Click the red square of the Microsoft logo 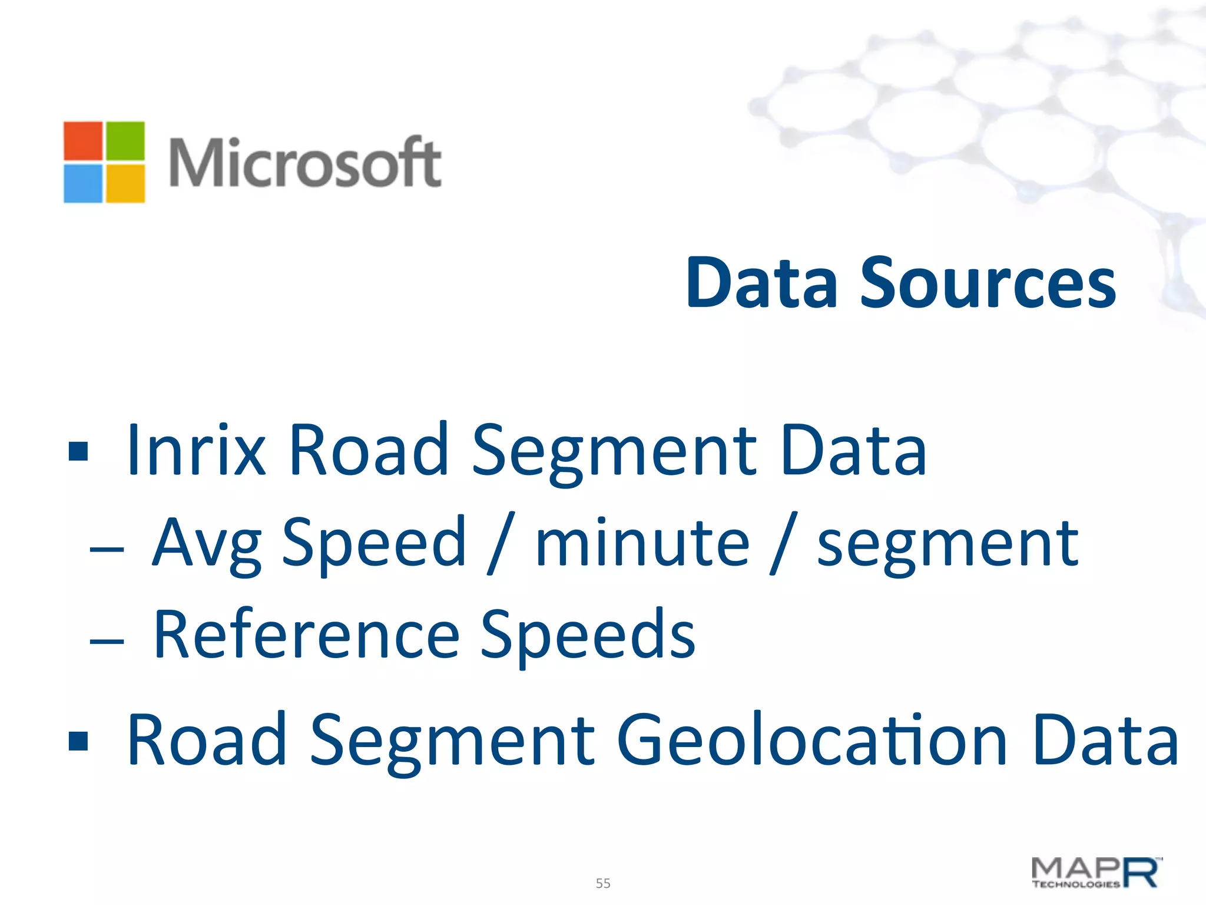tap(83, 141)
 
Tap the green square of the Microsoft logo tap(125, 141)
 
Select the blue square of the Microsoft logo tap(83, 183)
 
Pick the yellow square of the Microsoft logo tap(125, 183)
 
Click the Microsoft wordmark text tap(305, 162)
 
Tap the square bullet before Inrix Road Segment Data tap(78, 451)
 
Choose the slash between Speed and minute tap(501, 543)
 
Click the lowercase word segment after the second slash tap(947, 545)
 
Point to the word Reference tap(306, 635)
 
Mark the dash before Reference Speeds tap(107, 641)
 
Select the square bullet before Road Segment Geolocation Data tap(78, 741)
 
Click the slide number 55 tap(603, 883)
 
